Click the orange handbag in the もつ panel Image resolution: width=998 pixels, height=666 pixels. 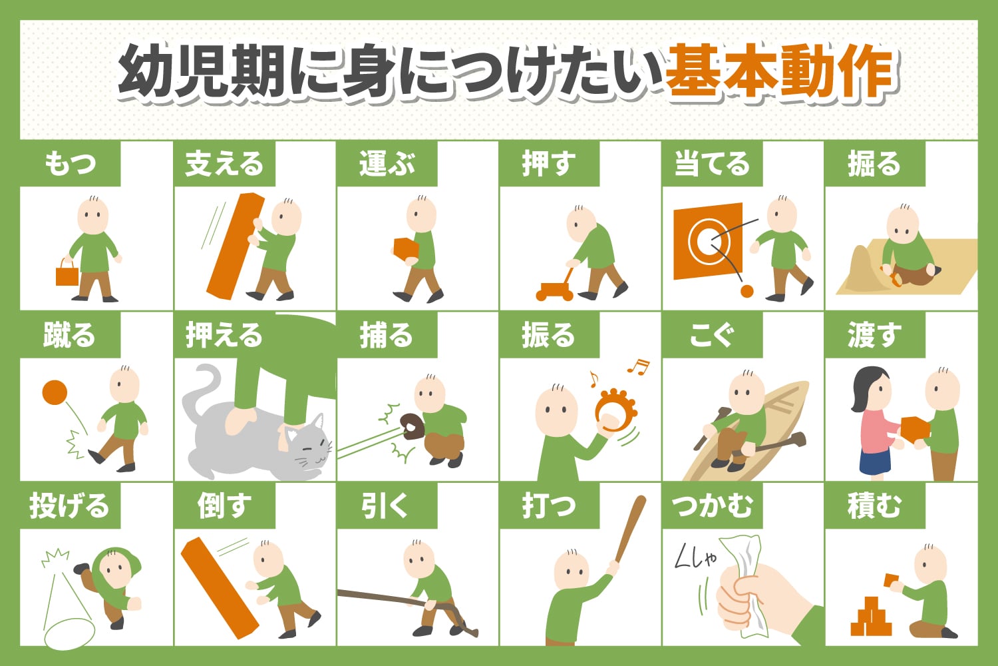(67, 274)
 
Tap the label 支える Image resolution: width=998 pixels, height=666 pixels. (224, 164)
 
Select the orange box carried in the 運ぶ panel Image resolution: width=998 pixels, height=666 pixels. (405, 248)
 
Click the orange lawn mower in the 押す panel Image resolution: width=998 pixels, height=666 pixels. (554, 290)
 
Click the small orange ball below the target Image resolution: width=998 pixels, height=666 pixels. (747, 291)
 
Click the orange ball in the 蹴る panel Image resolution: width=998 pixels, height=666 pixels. (55, 392)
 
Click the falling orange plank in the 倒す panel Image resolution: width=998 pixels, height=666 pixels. (219, 586)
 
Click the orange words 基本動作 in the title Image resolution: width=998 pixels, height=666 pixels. (778, 72)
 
